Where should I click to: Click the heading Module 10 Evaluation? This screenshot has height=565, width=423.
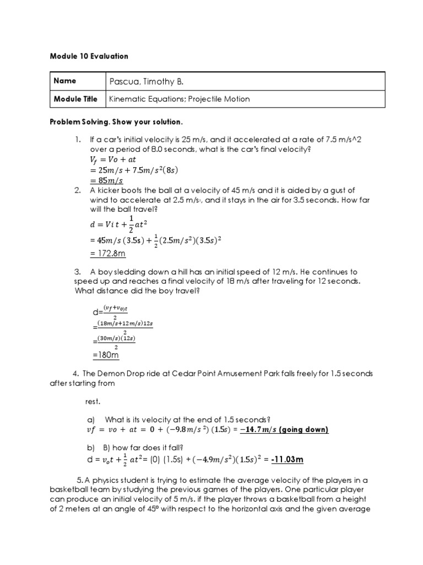tap(89, 56)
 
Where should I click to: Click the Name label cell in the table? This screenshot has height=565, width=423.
tap(65, 81)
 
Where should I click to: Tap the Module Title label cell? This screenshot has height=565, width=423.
tap(75, 99)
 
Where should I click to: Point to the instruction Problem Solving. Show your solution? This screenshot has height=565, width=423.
tap(116, 121)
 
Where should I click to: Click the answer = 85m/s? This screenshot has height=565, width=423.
tap(107, 180)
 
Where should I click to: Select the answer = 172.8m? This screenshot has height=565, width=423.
tap(109, 253)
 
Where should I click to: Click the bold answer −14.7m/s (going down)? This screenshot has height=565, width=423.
tap(284, 430)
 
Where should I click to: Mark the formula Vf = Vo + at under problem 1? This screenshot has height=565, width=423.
tap(114, 160)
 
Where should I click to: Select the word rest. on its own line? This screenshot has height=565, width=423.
tap(94, 401)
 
